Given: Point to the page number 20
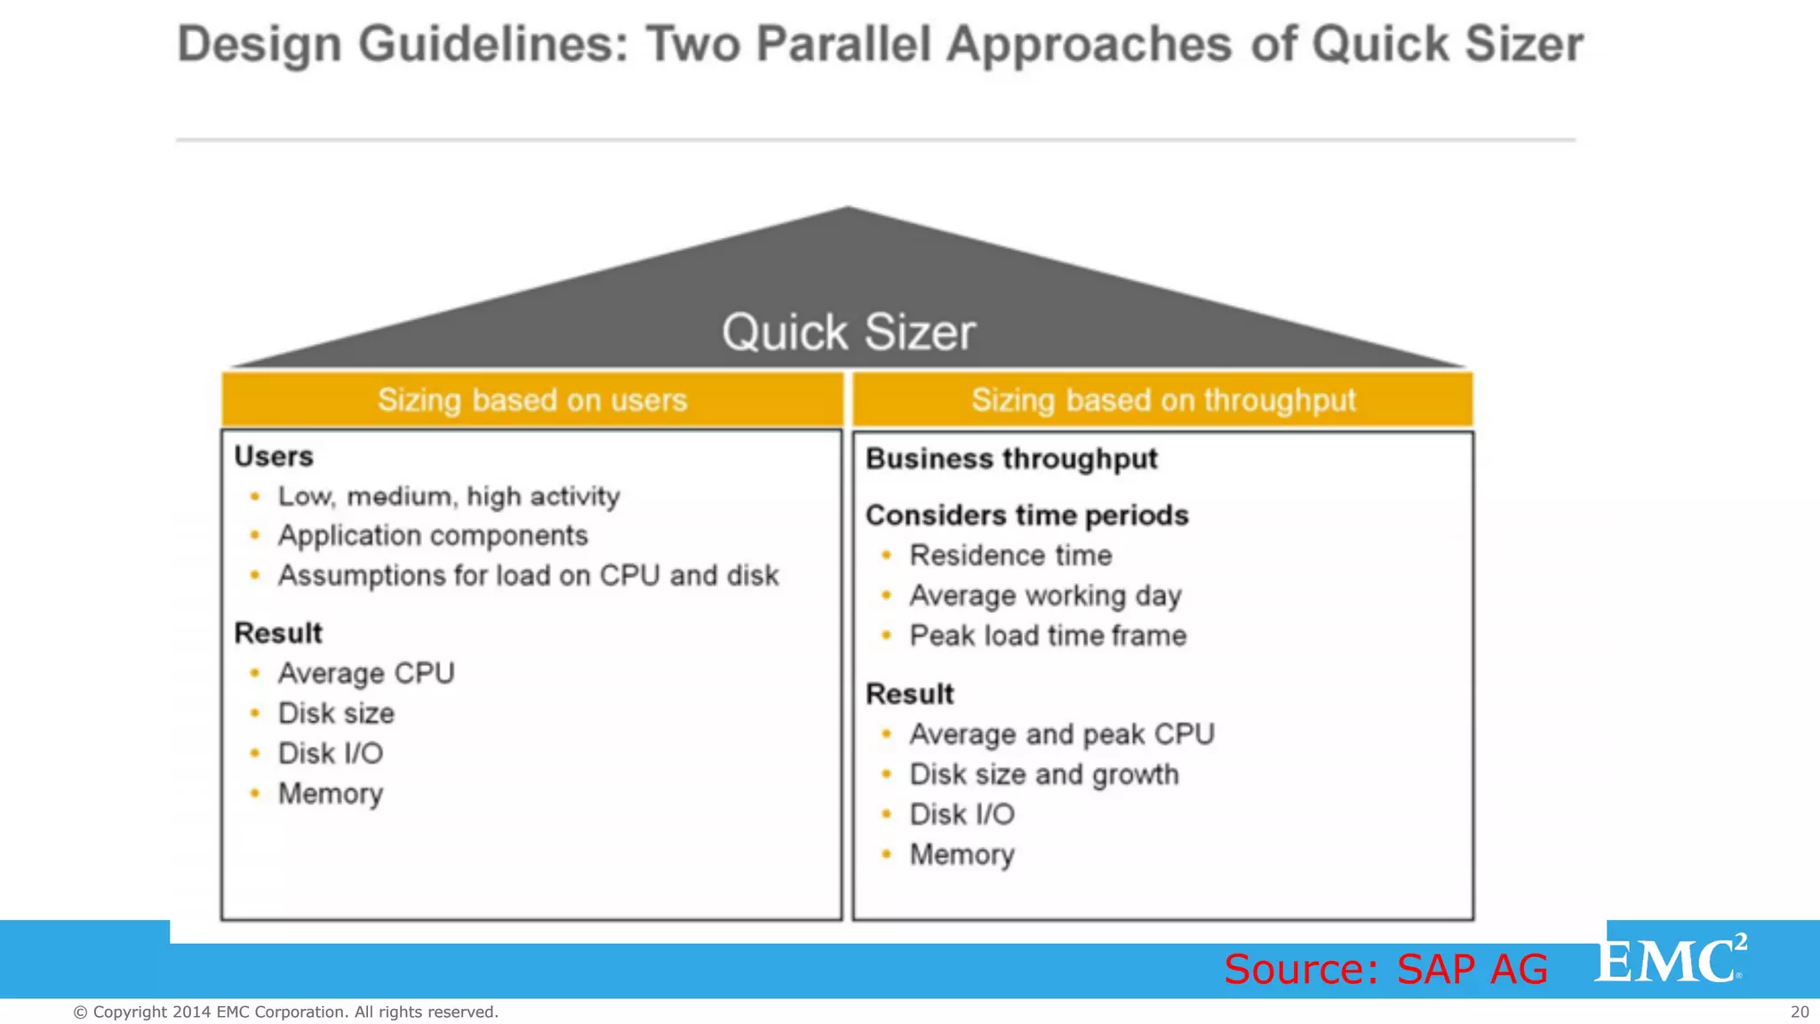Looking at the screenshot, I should (x=1800, y=1012).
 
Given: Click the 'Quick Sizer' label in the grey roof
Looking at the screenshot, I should (x=849, y=332).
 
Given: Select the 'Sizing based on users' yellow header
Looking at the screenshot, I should (x=532, y=400).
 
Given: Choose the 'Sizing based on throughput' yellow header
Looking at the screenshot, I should (x=1163, y=400).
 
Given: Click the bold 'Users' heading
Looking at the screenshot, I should (x=274, y=456).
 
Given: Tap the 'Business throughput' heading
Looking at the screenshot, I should (x=1011, y=459).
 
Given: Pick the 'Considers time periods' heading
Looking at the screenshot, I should (x=1026, y=516).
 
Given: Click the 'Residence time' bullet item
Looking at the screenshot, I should (x=1010, y=556).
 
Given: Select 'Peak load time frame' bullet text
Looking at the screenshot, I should (x=1048, y=636).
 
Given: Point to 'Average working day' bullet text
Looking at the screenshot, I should (x=1045, y=596).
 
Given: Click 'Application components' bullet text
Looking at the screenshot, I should (x=433, y=535).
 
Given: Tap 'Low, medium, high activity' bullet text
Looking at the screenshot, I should (x=449, y=496).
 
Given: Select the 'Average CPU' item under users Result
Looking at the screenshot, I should (x=366, y=673).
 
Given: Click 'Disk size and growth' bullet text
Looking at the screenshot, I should (x=1044, y=774).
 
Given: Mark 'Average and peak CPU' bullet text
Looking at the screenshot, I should (x=1062, y=734).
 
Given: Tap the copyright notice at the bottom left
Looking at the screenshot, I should (x=285, y=1012).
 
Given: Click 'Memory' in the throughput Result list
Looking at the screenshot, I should (x=962, y=854).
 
